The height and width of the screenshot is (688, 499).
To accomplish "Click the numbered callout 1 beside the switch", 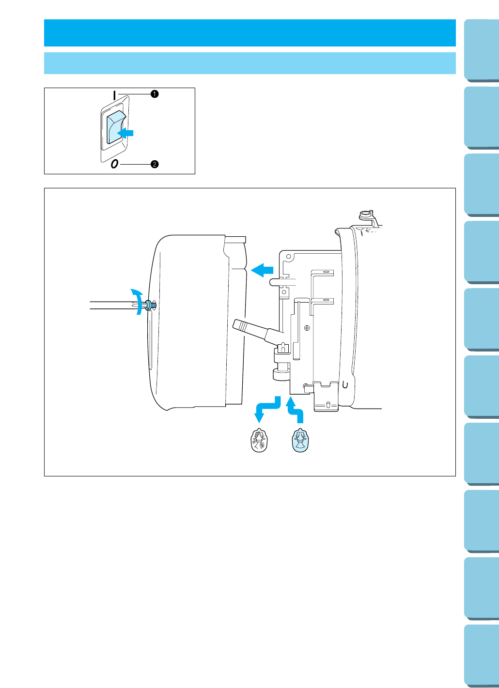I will pos(155,94).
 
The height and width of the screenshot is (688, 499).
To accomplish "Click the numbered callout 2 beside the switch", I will pos(155,164).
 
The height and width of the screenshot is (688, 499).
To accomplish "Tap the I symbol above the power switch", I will pos(115,95).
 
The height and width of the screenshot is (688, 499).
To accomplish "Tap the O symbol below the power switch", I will pos(114,164).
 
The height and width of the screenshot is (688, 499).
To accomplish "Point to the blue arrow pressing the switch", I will pos(126,133).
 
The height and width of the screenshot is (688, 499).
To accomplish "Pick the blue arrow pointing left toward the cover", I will pos(262,269).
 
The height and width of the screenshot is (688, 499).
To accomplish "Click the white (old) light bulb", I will pos(260,441).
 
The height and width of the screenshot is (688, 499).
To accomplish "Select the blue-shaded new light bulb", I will pos(300,441).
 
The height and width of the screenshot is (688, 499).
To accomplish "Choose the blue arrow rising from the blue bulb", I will pos(295,409).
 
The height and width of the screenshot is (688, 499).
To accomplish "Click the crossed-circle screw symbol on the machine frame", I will pos(307,328).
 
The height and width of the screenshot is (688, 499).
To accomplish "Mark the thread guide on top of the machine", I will pos(365,215).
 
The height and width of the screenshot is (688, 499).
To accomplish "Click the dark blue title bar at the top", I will pos(249,33).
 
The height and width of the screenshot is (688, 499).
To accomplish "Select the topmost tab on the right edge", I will pos(482,50).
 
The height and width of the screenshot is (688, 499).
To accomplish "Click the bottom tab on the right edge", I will pos(482,656).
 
